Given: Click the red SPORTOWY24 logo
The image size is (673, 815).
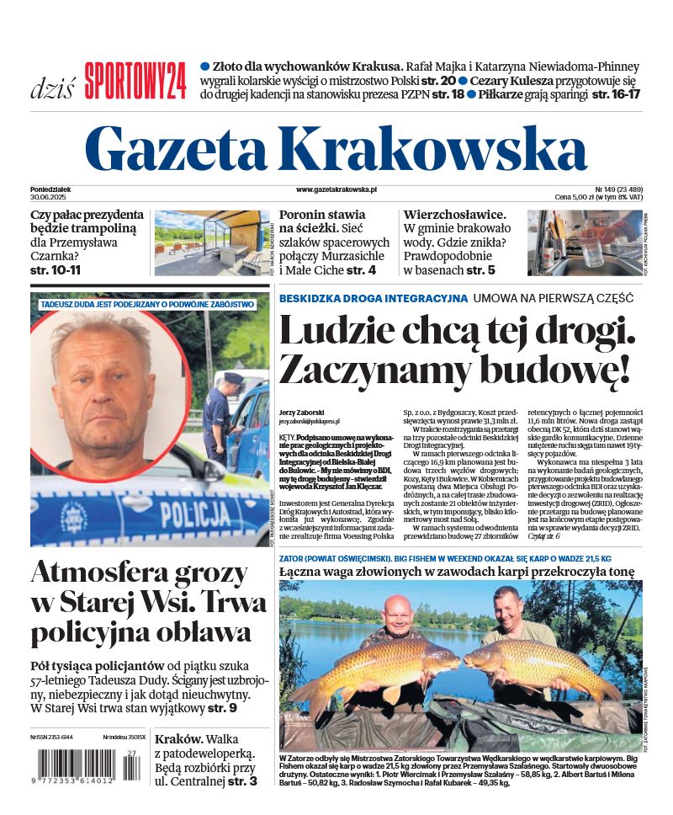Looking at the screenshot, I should click(x=135, y=81).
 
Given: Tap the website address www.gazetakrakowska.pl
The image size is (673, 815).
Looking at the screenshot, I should click(x=325, y=191).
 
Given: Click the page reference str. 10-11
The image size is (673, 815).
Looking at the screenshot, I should click(x=57, y=270).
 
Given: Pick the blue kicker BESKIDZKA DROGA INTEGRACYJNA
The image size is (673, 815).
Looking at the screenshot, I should click(x=373, y=298).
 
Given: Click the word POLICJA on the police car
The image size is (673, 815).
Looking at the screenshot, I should click(x=199, y=513).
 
